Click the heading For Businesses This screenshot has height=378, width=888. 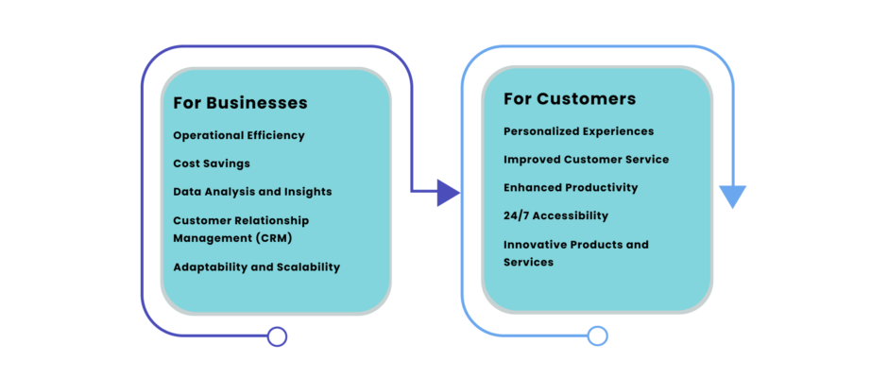(240, 103)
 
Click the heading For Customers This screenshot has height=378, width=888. (570, 98)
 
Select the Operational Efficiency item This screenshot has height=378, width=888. (239, 135)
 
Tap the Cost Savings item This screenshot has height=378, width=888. (212, 163)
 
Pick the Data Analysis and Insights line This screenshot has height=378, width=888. (252, 192)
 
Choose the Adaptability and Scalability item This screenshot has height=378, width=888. (257, 266)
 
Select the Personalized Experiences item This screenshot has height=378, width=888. (579, 131)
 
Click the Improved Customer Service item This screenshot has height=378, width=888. (586, 160)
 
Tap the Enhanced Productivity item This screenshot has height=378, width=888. (571, 188)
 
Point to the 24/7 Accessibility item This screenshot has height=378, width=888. (555, 215)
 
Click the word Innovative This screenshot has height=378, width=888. (534, 244)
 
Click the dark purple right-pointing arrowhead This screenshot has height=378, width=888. (448, 193)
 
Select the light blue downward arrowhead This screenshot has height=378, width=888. (732, 196)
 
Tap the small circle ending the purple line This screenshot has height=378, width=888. (277, 336)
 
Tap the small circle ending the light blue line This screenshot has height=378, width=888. (597, 336)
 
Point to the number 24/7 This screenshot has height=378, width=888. (517, 215)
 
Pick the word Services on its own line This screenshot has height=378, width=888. (528, 263)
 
